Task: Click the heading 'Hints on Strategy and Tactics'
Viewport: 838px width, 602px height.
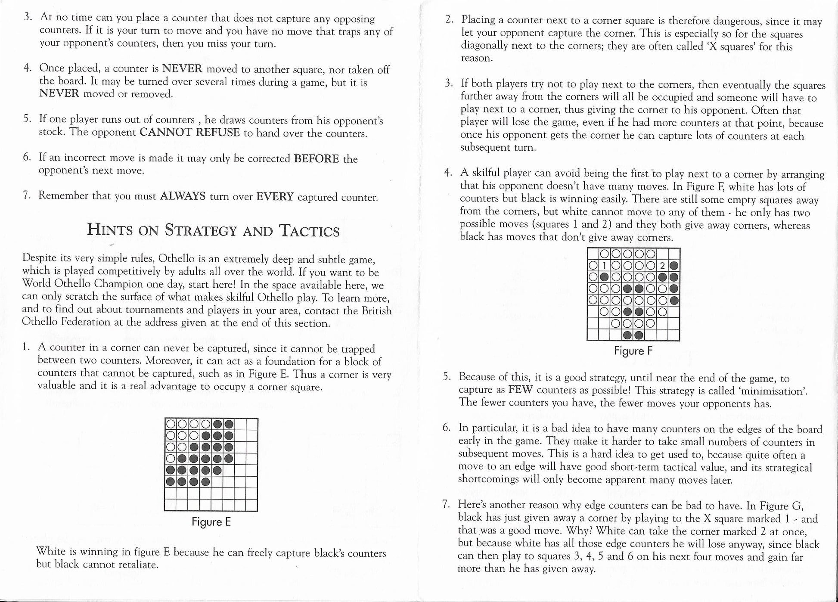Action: tap(213, 230)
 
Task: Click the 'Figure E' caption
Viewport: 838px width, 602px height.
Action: tap(211, 522)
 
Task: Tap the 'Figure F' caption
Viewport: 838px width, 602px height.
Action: tap(633, 351)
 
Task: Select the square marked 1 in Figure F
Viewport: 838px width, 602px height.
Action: tap(604, 266)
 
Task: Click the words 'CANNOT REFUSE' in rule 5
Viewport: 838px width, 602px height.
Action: tap(189, 132)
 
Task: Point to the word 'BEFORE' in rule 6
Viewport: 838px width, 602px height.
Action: tap(317, 158)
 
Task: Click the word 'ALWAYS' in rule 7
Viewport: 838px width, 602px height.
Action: tap(183, 196)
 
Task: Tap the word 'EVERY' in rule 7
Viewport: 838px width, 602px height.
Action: tap(275, 197)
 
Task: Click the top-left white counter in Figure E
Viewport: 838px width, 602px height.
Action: tap(170, 424)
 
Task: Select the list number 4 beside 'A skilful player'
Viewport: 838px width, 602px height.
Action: tap(448, 173)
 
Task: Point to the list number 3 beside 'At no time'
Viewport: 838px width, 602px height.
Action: tap(28, 18)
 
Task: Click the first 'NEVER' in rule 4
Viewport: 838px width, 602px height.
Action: tap(182, 68)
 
